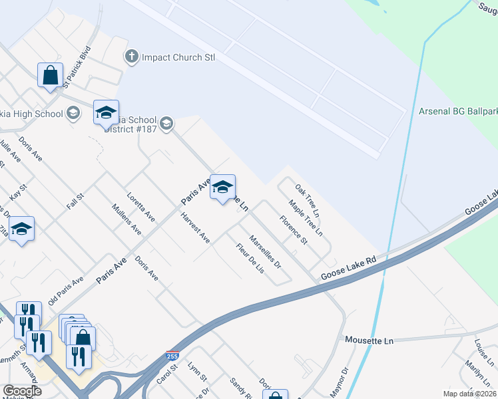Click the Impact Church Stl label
tap(178, 57)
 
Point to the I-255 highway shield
tap(172, 356)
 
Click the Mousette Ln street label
tap(370, 340)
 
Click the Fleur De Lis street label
tap(250, 259)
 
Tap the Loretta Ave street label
tap(141, 207)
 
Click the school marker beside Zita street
tap(22, 229)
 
